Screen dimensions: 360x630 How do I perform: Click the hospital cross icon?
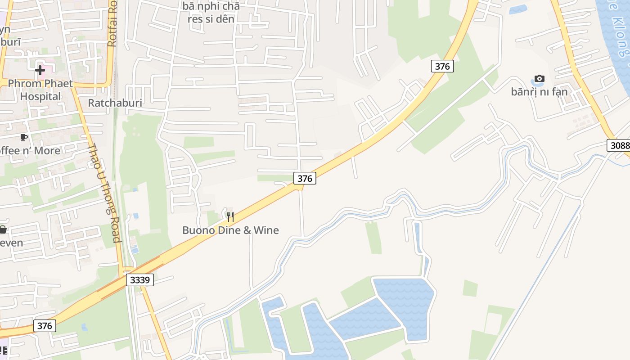(x=40, y=70)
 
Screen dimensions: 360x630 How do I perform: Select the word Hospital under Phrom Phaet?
(x=40, y=96)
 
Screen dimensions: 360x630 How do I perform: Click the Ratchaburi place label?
(x=115, y=103)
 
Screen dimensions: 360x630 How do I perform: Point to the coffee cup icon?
(x=24, y=137)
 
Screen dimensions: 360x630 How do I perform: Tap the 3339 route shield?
(x=139, y=280)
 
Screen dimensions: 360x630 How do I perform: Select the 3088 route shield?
(x=618, y=145)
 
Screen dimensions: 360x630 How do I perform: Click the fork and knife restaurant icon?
(x=230, y=217)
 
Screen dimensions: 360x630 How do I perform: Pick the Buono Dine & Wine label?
(x=230, y=230)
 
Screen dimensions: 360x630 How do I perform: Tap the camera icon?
(x=539, y=79)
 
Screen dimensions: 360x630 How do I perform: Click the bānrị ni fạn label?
(x=539, y=92)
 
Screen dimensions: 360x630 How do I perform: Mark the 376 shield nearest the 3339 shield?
(x=45, y=325)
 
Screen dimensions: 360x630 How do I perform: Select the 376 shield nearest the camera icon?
(x=442, y=66)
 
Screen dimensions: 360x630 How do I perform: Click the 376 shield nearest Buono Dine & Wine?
(x=305, y=178)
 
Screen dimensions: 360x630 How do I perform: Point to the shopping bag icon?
(x=3, y=230)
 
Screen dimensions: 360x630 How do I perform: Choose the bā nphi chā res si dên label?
(x=211, y=13)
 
